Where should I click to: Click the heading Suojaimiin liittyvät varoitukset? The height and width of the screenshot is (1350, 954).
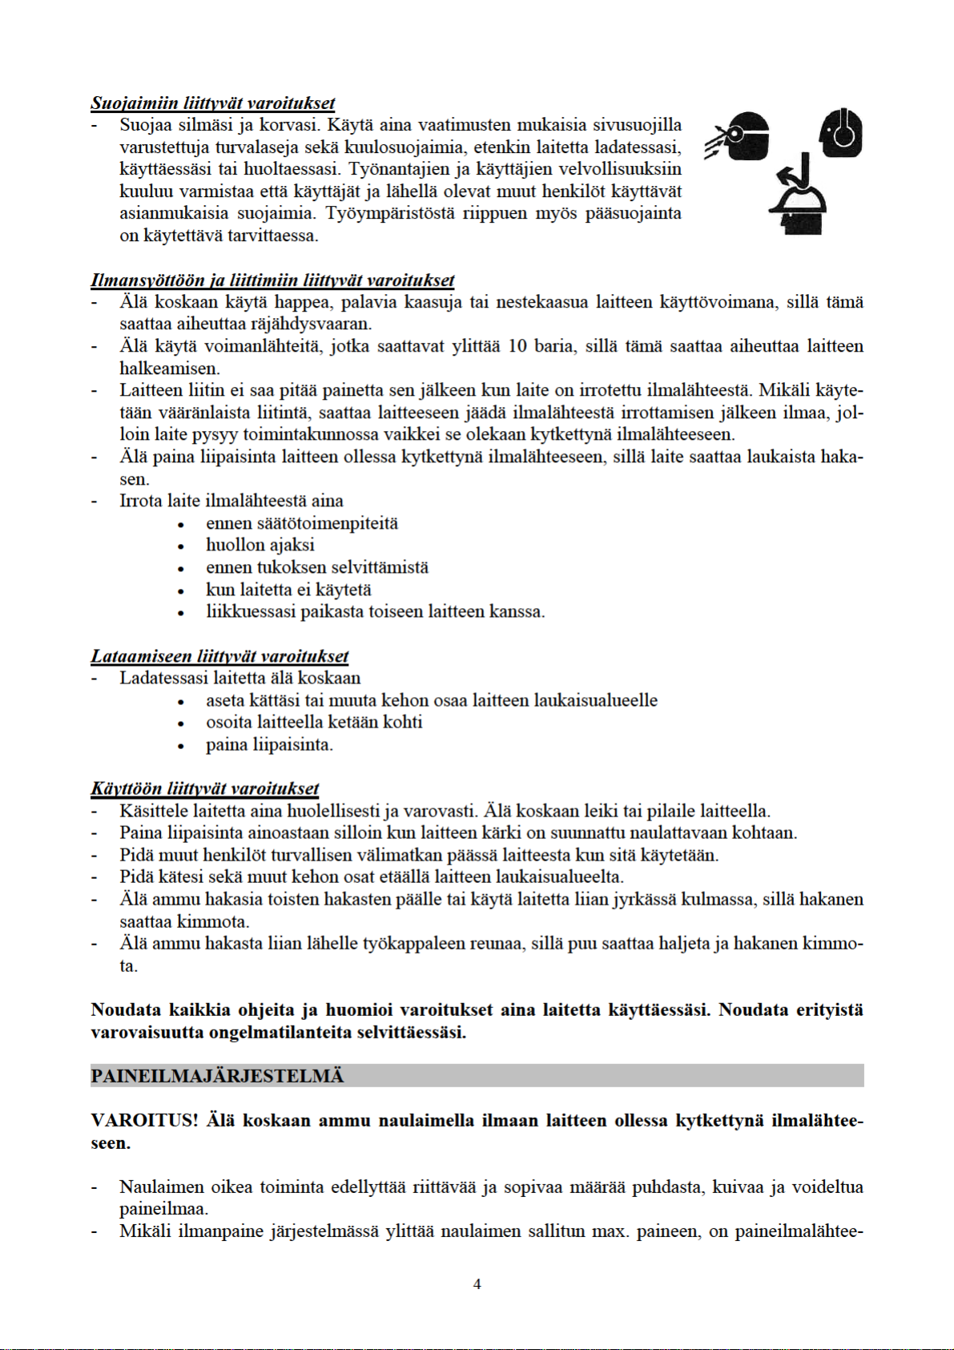pos(212,103)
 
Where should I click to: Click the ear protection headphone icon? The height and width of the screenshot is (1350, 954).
pos(841,133)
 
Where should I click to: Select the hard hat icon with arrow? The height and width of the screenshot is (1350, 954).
pos(797,196)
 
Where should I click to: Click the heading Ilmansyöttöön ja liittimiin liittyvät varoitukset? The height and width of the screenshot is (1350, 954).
pos(272,280)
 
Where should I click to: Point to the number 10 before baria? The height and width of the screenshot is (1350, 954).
pos(517,347)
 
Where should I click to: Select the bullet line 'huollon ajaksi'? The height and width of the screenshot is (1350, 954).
pos(260,546)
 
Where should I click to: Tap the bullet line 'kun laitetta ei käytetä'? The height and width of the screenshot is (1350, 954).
pos(288,590)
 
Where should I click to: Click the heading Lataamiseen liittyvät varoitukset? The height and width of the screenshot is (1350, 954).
pos(219,656)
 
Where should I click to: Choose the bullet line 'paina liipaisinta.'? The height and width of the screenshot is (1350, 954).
pos(269,745)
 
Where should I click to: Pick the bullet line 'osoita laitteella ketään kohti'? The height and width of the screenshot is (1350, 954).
pos(314,723)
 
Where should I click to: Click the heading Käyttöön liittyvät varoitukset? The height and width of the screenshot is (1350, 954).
pos(205,789)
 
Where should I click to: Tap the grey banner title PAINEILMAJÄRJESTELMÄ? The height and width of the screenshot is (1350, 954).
pos(217,1076)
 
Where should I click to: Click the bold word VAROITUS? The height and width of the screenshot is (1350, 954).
pos(144,1120)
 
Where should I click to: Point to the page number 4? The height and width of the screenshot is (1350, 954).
pos(477,1284)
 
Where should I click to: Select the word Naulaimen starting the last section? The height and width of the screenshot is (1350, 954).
pos(160,1187)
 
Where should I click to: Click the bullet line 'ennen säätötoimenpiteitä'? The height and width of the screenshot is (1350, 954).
pos(302,524)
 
